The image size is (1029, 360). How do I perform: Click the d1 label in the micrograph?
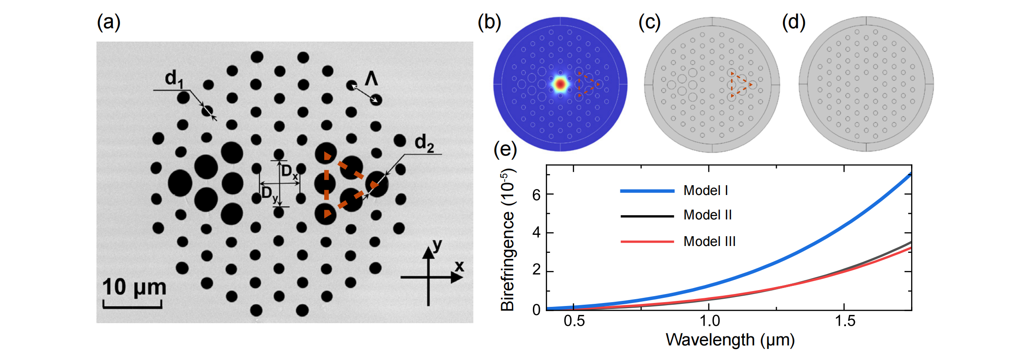point(174,78)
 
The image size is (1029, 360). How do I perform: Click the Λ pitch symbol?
point(371,78)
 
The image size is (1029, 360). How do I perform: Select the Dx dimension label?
point(289,172)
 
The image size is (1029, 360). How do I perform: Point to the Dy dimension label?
point(270,194)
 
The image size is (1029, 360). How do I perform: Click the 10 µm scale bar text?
point(134,287)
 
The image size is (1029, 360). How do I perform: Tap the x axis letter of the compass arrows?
point(459,266)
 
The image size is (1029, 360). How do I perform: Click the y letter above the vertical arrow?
point(437,245)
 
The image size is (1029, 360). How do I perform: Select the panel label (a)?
point(108,22)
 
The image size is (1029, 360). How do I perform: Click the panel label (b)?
point(489,22)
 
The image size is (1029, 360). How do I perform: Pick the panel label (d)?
point(794,22)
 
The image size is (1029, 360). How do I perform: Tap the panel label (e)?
point(505,150)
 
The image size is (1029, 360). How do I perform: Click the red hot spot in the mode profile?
point(560,84)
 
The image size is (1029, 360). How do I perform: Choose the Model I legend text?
point(706,190)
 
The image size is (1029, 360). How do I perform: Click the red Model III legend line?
point(647,242)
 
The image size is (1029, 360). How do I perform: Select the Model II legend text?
point(707,215)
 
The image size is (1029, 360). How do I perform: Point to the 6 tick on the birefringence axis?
point(536,195)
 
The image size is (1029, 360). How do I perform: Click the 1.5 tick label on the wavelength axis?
point(845,321)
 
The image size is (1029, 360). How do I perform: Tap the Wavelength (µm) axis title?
point(730,340)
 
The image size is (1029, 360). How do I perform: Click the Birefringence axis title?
point(508,240)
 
